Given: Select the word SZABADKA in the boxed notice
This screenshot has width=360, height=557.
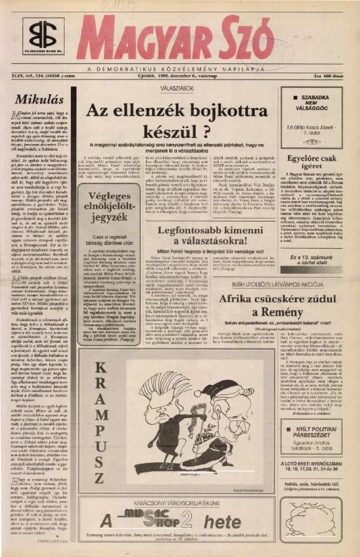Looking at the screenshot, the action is [x=314, y=97].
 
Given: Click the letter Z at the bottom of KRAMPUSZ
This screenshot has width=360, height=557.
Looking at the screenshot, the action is [x=98, y=479].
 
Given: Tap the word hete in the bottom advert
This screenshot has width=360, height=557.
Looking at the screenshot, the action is [x=223, y=523].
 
